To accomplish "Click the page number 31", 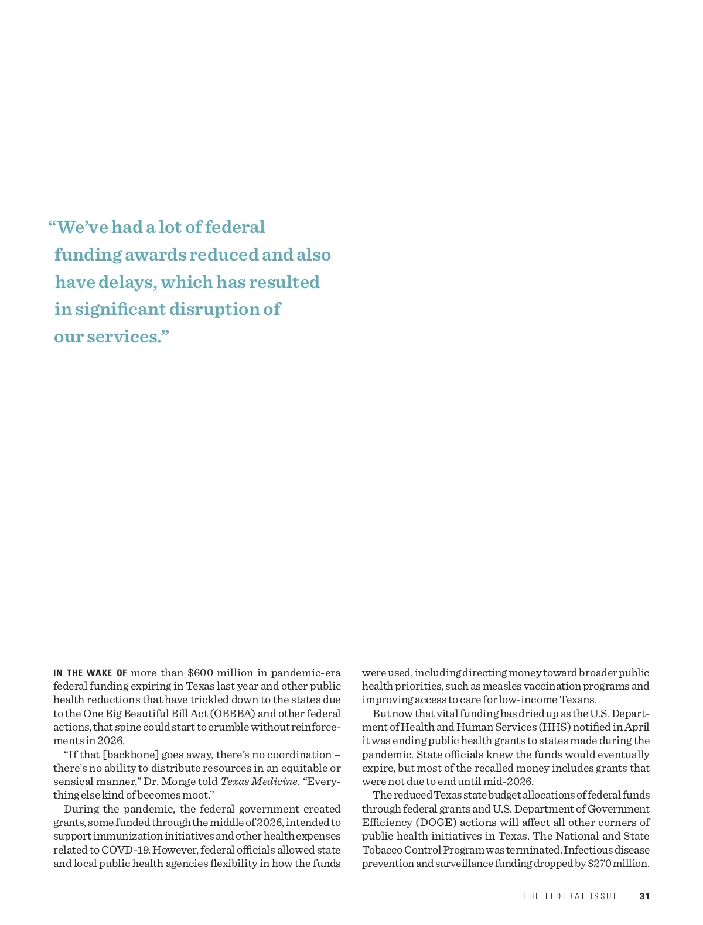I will click(x=644, y=896).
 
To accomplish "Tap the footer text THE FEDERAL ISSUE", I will click(x=570, y=896).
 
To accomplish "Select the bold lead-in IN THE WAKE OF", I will click(x=90, y=673).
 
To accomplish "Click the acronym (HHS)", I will click(x=552, y=727).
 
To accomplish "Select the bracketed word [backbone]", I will click(x=131, y=755).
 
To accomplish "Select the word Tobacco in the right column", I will click(x=382, y=849).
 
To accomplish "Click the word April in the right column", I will click(x=637, y=727).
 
